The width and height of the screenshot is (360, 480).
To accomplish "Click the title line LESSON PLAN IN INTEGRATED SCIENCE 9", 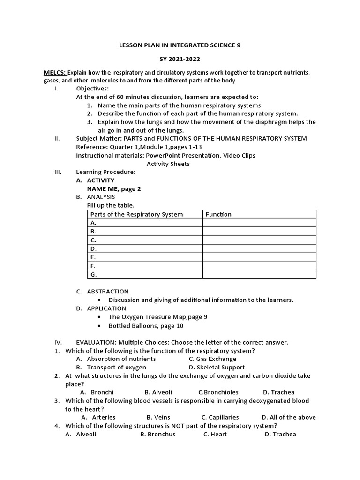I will [x=180, y=45].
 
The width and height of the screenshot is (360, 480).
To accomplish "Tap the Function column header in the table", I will [x=218, y=214].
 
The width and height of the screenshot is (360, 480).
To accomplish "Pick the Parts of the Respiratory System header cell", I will [x=136, y=214].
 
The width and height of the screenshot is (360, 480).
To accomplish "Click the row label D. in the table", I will [x=93, y=248].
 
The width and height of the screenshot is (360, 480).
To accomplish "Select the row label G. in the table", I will [x=93, y=274].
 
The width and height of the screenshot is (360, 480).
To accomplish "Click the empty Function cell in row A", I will [x=259, y=223].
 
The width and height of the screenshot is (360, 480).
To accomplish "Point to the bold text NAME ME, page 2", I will [x=114, y=189].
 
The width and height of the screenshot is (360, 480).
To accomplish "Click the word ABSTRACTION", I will [x=107, y=292].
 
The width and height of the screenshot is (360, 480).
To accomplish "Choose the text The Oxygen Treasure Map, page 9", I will [x=158, y=317].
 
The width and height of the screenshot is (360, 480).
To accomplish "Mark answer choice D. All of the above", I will [x=289, y=417].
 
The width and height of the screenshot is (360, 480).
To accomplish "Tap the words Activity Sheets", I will [x=168, y=164].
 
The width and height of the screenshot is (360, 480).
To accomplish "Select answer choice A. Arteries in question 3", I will [x=98, y=417].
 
